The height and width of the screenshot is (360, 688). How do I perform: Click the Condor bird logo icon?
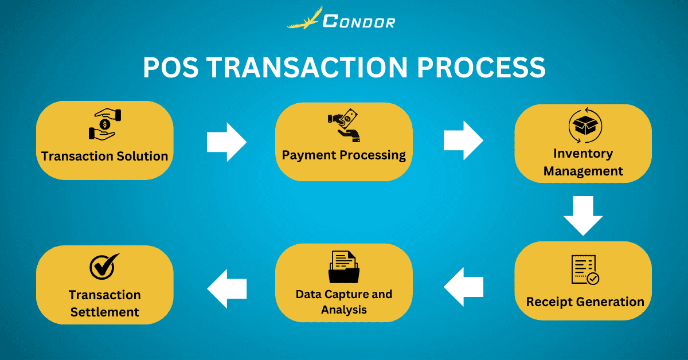[x=304, y=19]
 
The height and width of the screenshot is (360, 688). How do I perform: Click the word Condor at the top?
[x=358, y=21]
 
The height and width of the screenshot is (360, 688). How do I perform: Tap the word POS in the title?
[x=170, y=68]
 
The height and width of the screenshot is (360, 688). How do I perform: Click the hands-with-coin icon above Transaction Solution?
[x=104, y=124]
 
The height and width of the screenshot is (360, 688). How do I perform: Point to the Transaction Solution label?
[x=104, y=156]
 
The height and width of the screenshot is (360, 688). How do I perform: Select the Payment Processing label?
[x=343, y=155]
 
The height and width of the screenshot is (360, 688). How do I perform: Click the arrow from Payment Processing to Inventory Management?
[x=464, y=140]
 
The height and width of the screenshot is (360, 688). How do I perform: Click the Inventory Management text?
[x=583, y=162]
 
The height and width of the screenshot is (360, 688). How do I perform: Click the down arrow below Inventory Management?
[x=583, y=215]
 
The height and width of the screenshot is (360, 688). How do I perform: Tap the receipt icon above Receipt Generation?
[x=584, y=269]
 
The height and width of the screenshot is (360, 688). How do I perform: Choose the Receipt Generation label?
[x=585, y=302]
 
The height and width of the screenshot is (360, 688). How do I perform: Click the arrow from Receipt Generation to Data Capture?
[x=463, y=287]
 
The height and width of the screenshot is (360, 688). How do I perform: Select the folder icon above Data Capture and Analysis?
[x=343, y=266]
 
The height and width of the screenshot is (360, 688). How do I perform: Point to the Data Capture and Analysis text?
[x=344, y=302]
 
